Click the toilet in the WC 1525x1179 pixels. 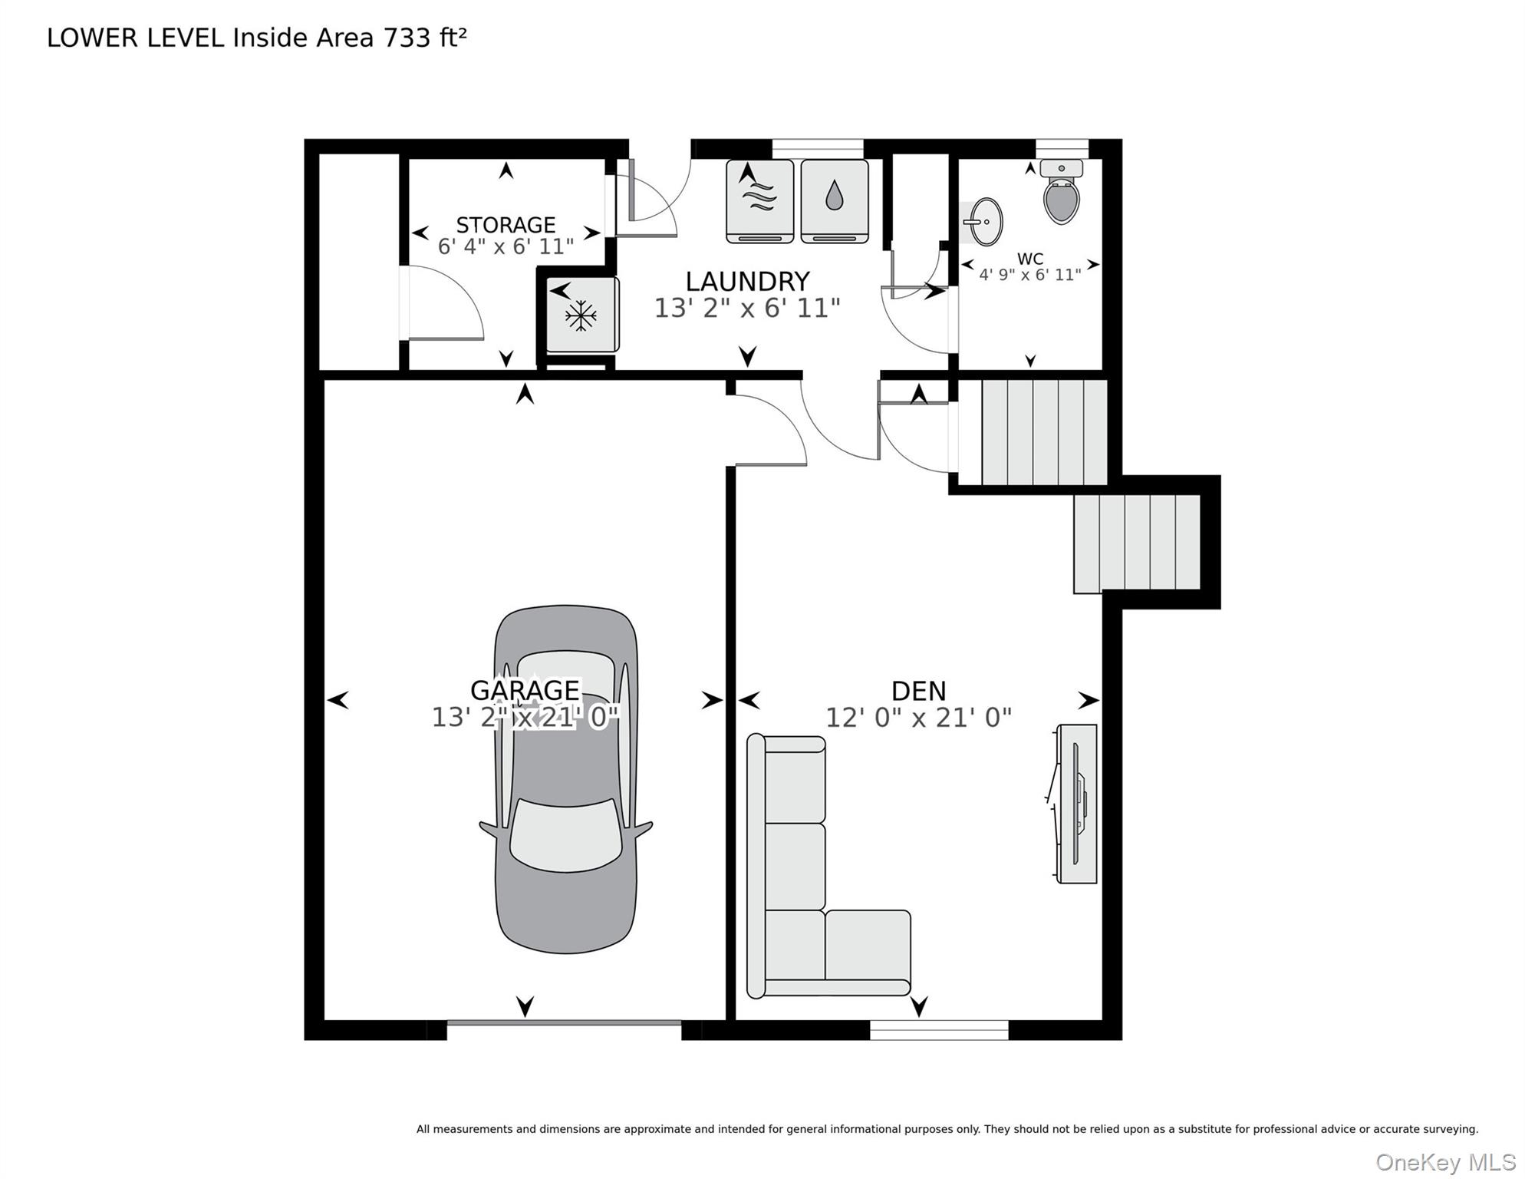[1062, 192]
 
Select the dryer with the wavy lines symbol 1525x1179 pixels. [759, 201]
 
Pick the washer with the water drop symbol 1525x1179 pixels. [835, 201]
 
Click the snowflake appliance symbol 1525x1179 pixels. [581, 315]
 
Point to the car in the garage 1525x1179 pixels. [566, 779]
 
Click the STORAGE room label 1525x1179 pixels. [506, 225]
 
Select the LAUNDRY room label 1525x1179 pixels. [747, 282]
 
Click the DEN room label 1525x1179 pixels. [918, 691]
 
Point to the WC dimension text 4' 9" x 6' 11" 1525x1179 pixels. [1030, 275]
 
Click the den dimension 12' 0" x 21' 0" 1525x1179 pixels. [918, 718]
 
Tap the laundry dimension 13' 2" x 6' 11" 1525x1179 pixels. [747, 309]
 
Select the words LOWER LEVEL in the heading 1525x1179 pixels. [136, 38]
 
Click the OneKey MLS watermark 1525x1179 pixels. [1446, 1162]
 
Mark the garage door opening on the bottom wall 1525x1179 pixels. [565, 1023]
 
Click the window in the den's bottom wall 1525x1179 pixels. [939, 1030]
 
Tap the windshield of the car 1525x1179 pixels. [566, 835]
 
